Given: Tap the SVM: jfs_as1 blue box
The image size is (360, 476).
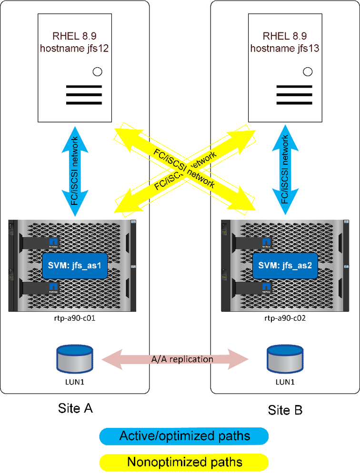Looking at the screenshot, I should coord(73,266).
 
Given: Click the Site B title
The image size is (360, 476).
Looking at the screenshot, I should coord(284,409).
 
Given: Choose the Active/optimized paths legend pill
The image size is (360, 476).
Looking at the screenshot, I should coord(184,435).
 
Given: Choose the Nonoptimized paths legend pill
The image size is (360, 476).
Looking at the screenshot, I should coord(184,462).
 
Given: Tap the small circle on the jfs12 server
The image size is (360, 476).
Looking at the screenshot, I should coord(98,72).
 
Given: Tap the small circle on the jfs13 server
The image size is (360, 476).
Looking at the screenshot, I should coord(308,72).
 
